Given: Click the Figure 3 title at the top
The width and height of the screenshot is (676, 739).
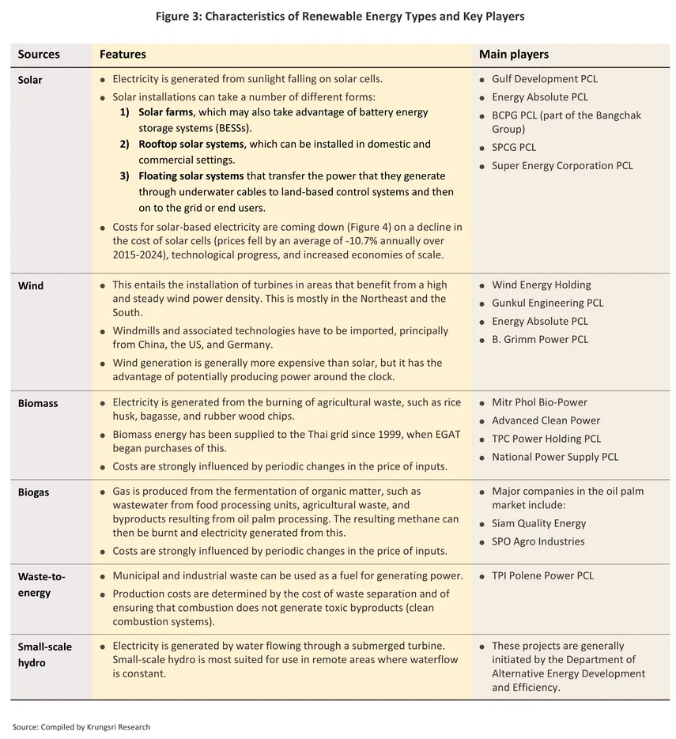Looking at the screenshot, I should click(338, 16).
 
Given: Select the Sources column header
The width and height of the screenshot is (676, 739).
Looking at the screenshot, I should click(39, 55).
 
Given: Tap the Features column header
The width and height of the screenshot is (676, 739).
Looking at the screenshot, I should click(123, 55).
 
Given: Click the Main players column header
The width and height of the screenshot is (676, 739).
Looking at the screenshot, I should click(513, 55).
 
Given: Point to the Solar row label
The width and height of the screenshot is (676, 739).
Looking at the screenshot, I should click(30, 80).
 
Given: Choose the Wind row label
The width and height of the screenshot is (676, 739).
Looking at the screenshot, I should click(31, 285).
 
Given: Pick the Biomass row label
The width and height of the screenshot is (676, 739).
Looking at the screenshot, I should click(38, 403).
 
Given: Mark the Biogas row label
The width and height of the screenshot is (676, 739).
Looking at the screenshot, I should click(33, 492).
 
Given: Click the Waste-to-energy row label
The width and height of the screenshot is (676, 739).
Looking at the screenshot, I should click(41, 585).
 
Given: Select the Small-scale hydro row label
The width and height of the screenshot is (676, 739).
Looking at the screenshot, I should click(44, 654).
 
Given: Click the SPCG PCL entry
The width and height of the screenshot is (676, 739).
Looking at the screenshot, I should click(514, 147).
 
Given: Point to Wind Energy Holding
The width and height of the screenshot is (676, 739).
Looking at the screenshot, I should click(541, 285).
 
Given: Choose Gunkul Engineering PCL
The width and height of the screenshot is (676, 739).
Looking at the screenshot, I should click(547, 303).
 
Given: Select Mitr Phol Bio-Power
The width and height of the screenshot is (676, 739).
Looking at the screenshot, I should click(539, 402).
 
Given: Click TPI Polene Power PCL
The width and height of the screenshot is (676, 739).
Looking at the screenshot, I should click(542, 575).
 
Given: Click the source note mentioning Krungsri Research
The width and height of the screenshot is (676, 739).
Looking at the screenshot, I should click(81, 727).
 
